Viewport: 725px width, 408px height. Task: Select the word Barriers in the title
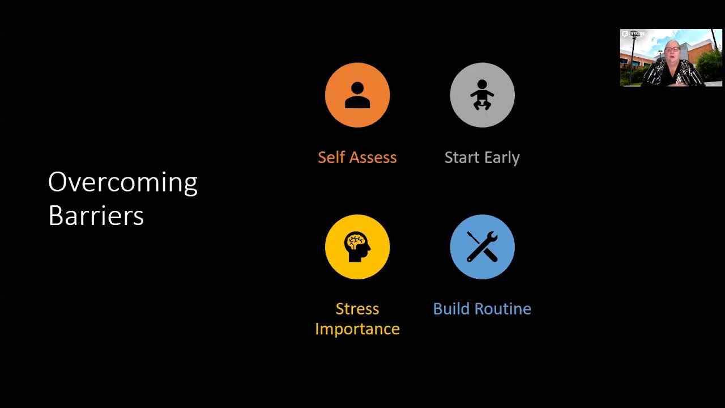pos(96,216)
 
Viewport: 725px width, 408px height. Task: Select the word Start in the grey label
pos(459,158)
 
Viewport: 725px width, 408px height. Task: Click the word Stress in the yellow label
pos(357,309)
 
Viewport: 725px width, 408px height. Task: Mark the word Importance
pos(357,329)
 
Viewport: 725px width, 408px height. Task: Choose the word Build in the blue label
pos(451,309)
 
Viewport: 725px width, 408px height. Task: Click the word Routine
pos(501,309)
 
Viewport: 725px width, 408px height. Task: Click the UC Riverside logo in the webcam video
pos(633,34)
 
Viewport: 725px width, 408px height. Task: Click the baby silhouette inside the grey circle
pos(482,95)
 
